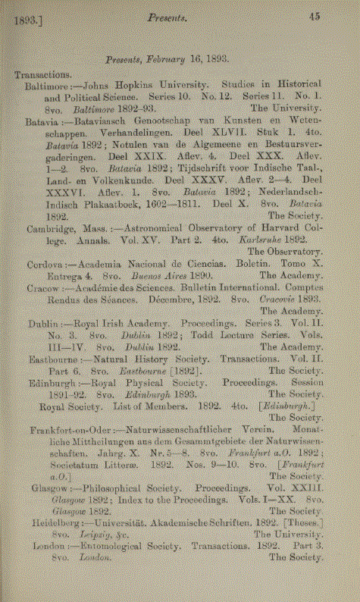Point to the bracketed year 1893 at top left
pyautogui.click(x=28, y=21)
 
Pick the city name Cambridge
pyautogui.click(x=50, y=227)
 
